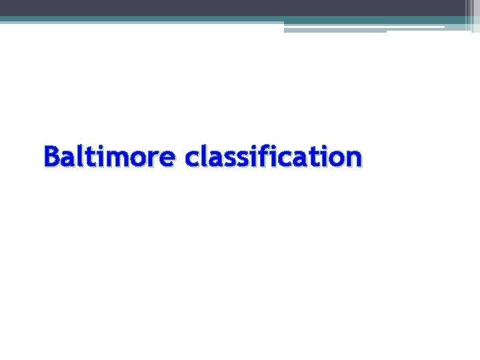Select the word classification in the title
pos(273,157)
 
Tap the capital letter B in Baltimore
pos(52,157)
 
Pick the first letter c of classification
pos(193,159)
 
